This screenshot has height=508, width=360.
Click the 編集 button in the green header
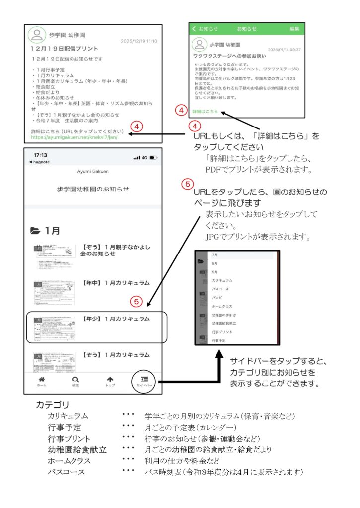294,29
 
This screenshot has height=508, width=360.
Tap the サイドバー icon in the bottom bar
144,381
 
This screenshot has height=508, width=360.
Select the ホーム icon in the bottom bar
42,381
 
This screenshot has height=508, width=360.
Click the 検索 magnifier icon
75,381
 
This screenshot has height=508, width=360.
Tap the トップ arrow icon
110,381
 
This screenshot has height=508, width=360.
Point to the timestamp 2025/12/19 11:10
139,41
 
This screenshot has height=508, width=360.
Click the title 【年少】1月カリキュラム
116,318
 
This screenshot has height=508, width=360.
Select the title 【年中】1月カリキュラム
116,282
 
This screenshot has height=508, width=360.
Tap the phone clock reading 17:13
41,155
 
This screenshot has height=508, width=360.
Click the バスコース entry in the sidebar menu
220,288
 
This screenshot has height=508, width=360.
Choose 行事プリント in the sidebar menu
221,331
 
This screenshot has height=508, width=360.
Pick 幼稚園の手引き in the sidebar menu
223,315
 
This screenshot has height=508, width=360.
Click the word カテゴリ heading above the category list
52,404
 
